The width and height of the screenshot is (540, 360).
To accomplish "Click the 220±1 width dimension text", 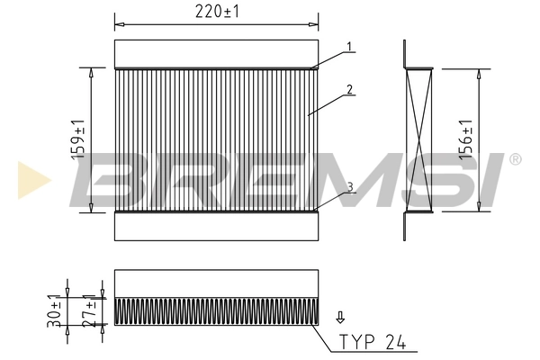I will pos(217,12).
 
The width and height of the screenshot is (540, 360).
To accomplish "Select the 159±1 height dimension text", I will pos(79,139).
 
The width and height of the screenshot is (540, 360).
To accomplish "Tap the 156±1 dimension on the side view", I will pos(465,140).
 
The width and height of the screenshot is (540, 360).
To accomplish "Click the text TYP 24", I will pos(372,343).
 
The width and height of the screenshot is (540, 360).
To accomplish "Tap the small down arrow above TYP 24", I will pos(340,317).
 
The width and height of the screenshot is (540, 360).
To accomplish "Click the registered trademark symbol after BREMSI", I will pos(514,159).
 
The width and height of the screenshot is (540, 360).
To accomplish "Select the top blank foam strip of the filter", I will pos(217,52).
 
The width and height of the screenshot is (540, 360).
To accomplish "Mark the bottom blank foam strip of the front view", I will pos(217,226).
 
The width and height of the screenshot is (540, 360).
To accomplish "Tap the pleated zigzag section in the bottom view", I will pos(217,310).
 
